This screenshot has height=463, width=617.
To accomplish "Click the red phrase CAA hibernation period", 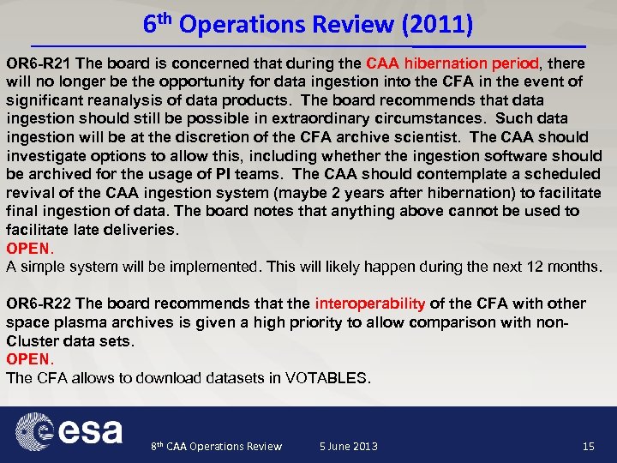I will (x=452, y=63).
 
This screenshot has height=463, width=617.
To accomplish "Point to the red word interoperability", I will (x=370, y=304).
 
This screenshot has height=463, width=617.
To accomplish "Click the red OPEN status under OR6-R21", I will (x=29, y=249).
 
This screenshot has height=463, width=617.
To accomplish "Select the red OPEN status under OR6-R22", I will (x=29, y=359).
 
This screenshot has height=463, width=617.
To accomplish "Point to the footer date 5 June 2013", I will (x=348, y=446).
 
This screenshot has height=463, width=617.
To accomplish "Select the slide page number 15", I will (x=588, y=446).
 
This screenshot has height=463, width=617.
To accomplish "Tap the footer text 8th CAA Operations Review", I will (x=216, y=446).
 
